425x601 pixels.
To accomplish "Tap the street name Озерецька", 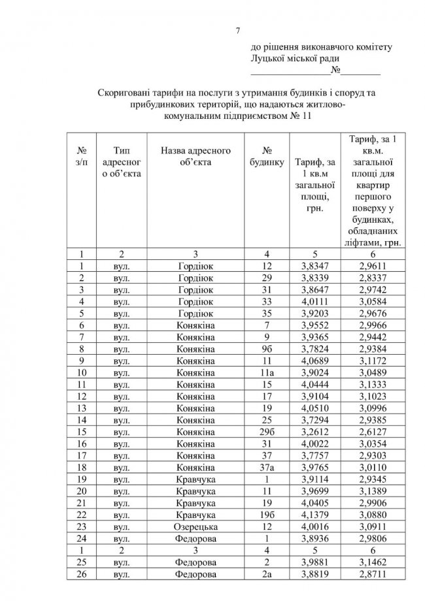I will (x=196, y=527).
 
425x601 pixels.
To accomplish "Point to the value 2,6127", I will (x=373, y=432).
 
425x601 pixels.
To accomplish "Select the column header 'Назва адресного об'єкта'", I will (x=196, y=156).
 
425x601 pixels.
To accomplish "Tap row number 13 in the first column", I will (x=82, y=408).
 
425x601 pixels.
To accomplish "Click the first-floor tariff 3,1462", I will (x=373, y=562).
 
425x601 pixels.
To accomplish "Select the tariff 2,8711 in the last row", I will (x=373, y=574).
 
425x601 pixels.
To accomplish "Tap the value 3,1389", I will (x=373, y=491).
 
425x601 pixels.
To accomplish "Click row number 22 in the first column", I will (x=82, y=515).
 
